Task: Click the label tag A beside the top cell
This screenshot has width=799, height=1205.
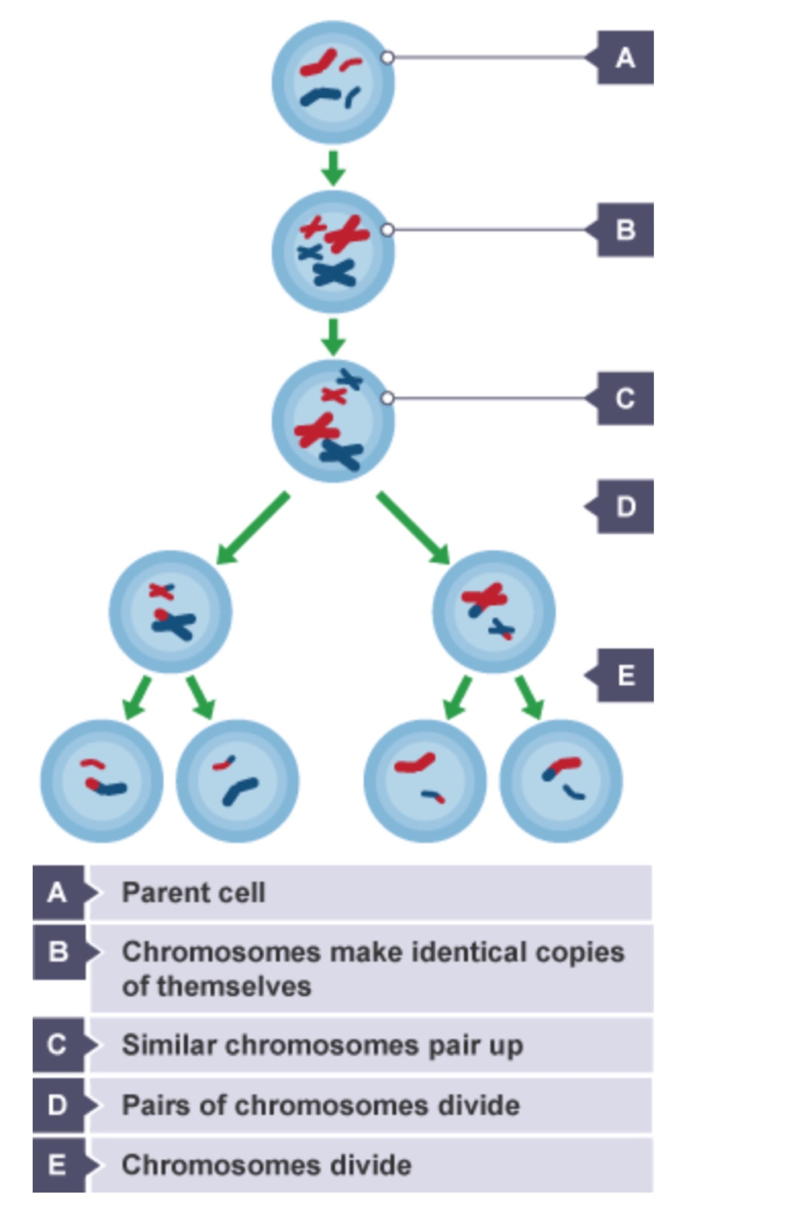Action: [x=625, y=58]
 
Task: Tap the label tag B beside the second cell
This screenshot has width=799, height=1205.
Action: [x=625, y=230]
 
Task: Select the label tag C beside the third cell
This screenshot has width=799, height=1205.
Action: [x=625, y=399]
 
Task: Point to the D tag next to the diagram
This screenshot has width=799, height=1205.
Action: [x=625, y=507]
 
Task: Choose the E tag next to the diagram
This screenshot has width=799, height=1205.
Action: [x=625, y=676]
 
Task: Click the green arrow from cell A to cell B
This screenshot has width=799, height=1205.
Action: [x=333, y=168]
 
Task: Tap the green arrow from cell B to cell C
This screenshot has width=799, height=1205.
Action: [x=333, y=337]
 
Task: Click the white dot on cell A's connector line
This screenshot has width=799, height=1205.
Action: [x=388, y=58]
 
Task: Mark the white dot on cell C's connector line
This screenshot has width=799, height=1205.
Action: [x=388, y=398]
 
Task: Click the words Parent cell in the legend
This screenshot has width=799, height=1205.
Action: [x=193, y=893]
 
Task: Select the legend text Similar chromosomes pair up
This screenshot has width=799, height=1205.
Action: [x=322, y=1045]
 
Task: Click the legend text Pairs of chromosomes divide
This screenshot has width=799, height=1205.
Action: [x=320, y=1105]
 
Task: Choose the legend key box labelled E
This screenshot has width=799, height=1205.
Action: [x=57, y=1165]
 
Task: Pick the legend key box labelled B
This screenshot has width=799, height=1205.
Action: [x=57, y=952]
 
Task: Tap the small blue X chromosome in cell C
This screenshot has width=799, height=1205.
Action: [x=349, y=379]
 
